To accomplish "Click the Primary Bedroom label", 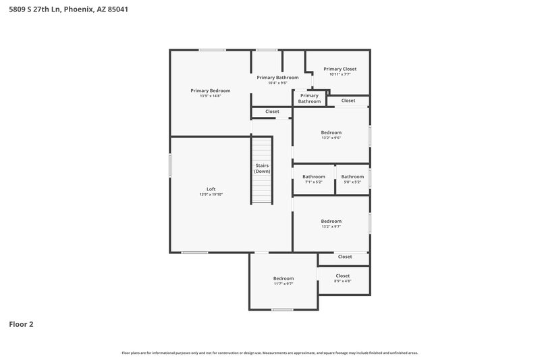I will (x=210, y=91).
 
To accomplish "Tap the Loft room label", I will (x=211, y=188).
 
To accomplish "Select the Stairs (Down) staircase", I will (x=262, y=169).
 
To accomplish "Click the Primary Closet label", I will (x=340, y=69).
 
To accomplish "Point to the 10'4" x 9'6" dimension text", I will (x=277, y=83).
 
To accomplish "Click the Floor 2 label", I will (x=21, y=324).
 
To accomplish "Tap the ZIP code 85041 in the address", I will (x=117, y=9).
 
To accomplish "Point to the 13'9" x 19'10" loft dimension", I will (x=211, y=195).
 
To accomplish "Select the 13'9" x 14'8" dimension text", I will (x=210, y=96).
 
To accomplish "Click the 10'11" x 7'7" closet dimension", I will (x=340, y=74).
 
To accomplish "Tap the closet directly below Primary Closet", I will (x=348, y=101).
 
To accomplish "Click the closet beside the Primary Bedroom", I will (x=272, y=111).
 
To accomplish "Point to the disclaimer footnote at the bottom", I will (x=269, y=353).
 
